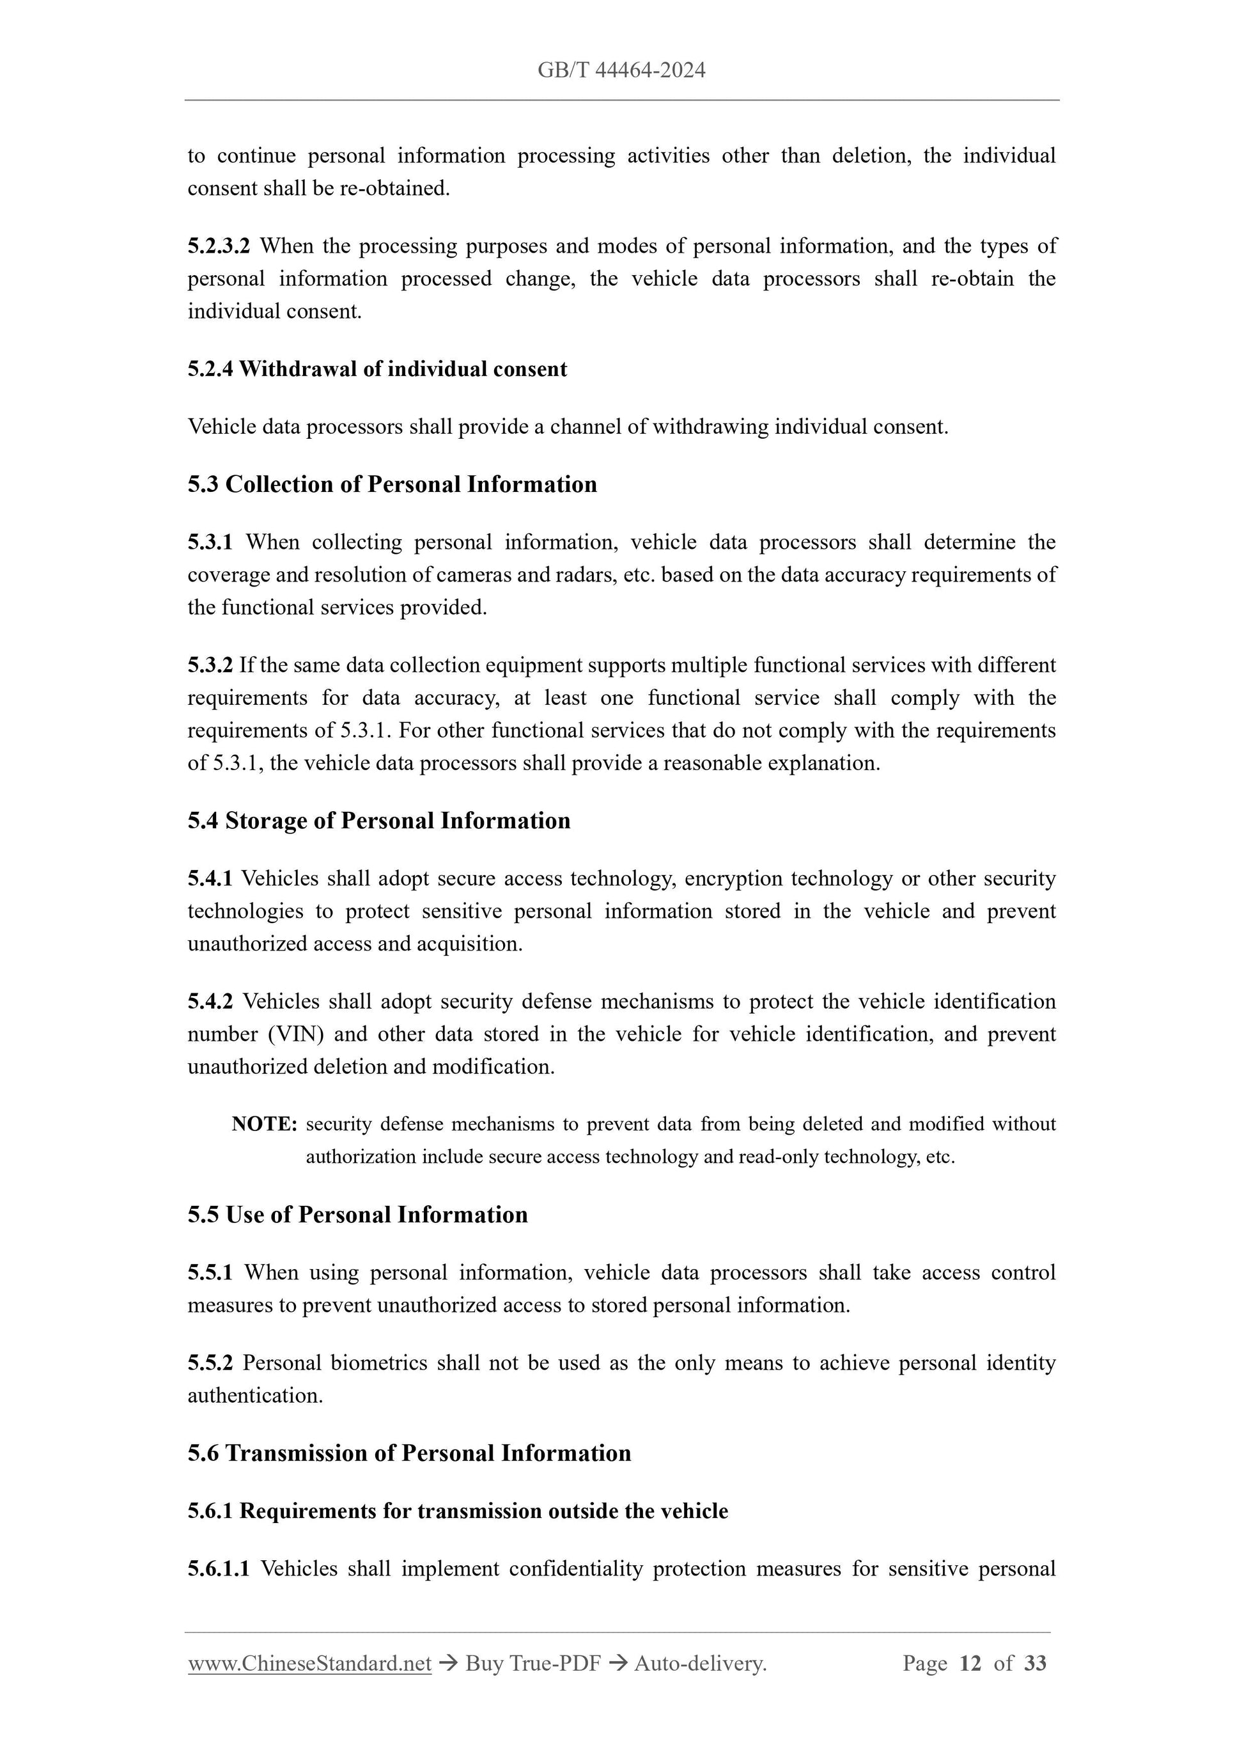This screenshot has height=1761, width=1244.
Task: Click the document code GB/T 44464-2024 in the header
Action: (x=621, y=70)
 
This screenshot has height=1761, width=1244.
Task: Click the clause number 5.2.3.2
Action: (x=219, y=246)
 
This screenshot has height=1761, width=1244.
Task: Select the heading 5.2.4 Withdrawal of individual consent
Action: (x=377, y=369)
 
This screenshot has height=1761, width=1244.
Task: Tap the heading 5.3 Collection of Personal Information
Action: (x=392, y=485)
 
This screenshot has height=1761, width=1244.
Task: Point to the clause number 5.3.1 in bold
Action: (x=210, y=542)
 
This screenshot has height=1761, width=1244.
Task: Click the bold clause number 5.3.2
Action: (x=210, y=665)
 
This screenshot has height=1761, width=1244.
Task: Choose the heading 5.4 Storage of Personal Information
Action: (x=378, y=821)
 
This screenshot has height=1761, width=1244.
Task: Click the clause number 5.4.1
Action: (x=210, y=878)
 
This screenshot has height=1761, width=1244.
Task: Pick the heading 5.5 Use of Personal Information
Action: (x=357, y=1215)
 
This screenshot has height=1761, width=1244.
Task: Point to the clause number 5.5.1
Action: (x=210, y=1272)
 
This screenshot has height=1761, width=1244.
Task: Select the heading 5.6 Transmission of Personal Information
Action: (x=409, y=1453)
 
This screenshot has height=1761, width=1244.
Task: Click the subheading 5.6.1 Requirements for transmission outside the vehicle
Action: (x=458, y=1511)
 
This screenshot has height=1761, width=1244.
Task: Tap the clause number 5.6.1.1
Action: (x=219, y=1568)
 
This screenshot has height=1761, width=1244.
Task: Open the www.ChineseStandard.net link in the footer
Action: (x=309, y=1663)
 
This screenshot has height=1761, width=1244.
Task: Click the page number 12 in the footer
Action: (x=970, y=1663)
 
